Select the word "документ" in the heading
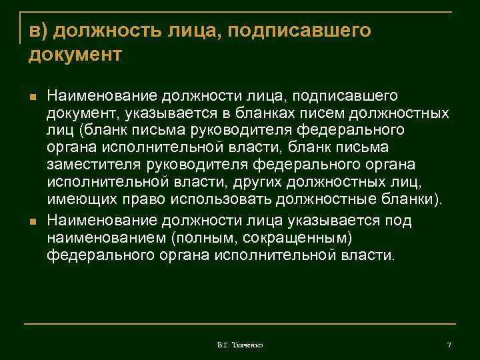pos(75,54)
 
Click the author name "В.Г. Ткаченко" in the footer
pos(239,345)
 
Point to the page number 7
pos(449,345)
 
